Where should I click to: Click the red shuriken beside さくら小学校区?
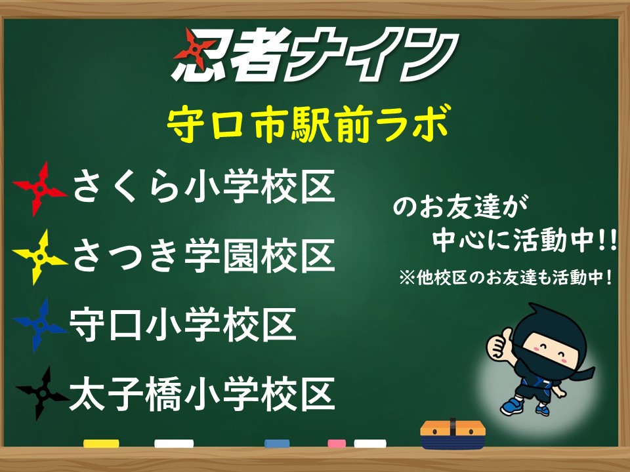point(39,189)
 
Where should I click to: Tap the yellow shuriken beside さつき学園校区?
point(39,257)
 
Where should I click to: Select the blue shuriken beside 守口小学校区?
point(39,325)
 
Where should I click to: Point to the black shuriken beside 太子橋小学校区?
point(41,394)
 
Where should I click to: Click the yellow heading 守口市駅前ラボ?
point(309,123)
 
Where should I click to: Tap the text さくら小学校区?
point(203,186)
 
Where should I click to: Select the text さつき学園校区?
point(203,255)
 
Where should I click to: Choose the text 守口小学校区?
point(183,324)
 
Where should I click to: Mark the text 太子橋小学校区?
point(201,394)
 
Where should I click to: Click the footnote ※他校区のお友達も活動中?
point(506,277)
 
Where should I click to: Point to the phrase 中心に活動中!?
point(525,241)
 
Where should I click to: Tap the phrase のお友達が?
point(461,206)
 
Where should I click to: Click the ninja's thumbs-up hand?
point(499,343)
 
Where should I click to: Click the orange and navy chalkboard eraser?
point(453,435)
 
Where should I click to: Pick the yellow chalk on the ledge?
point(101,444)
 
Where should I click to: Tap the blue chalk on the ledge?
point(277,444)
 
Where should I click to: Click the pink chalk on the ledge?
point(337,444)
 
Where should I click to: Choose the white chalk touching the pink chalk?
point(370,444)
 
